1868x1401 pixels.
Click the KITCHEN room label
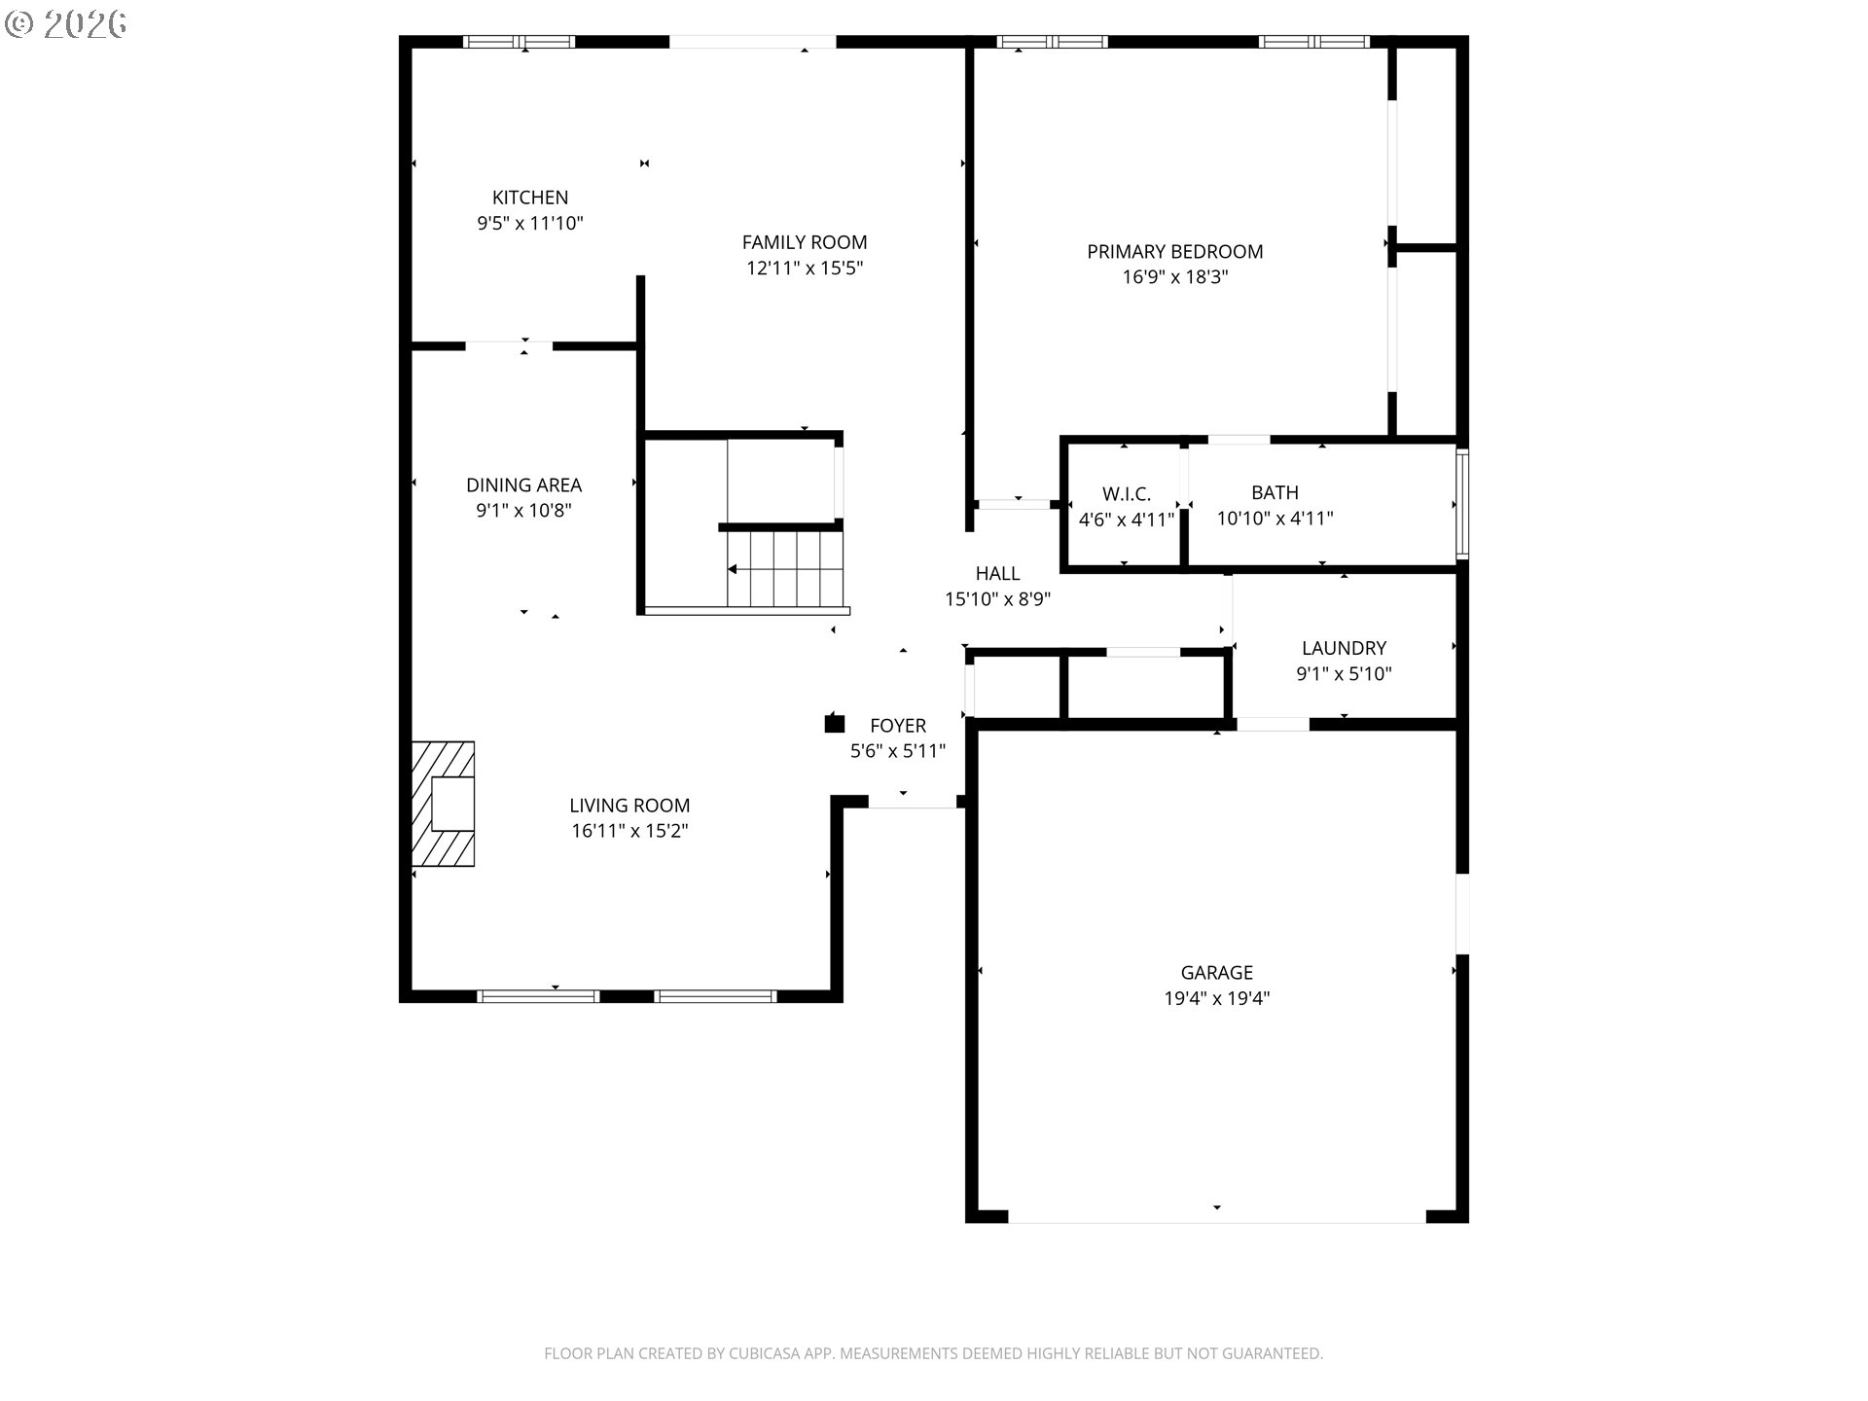[x=529, y=198]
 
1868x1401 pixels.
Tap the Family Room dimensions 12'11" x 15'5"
[x=804, y=269]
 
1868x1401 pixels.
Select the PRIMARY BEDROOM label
[x=1174, y=252]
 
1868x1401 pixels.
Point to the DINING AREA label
[x=523, y=485]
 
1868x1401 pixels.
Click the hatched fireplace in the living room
[x=444, y=804]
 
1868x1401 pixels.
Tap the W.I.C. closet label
[x=1126, y=494]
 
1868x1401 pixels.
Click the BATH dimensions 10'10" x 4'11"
[x=1275, y=519]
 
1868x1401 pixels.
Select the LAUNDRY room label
[x=1344, y=648]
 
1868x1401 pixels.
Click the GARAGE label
[x=1216, y=972]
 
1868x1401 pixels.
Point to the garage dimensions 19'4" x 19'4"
[x=1216, y=998]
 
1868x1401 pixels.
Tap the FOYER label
[x=897, y=726]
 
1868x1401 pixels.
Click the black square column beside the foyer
[x=834, y=723]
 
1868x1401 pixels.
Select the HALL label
[x=997, y=574]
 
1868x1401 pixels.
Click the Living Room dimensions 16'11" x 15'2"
[x=629, y=831]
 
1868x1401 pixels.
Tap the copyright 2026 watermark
[x=66, y=24]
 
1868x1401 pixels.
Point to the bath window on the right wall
[x=1461, y=504]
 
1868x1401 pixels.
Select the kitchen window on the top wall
[x=519, y=42]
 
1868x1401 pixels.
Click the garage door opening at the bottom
[x=1216, y=1218]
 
